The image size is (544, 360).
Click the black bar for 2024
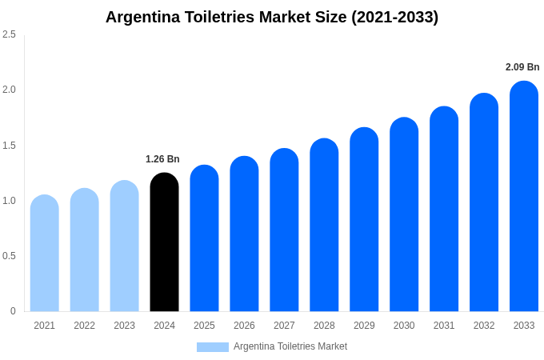pos(164,244)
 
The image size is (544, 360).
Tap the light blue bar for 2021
pos(45,254)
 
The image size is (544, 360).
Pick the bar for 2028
pos(324,226)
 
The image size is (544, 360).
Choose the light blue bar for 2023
pos(124,247)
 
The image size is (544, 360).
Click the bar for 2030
pos(404,216)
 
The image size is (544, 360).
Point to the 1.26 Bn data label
pos(162,159)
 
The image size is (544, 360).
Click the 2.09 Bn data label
pos(522,67)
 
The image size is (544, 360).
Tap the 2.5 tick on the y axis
pos(9,34)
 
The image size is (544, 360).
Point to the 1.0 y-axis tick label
pos(9,201)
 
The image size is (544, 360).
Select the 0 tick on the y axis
pos(13,311)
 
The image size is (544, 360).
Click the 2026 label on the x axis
pos(244,326)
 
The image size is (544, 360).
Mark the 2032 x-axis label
pos(484,326)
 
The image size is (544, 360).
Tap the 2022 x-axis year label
pos(84,326)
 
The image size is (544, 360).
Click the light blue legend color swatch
pos(213,347)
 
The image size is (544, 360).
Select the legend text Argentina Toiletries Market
pos(290,346)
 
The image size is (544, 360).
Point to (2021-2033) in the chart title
pos(394,17)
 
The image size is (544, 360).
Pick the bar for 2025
pos(204,240)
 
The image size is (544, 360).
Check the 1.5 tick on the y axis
pos(9,146)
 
